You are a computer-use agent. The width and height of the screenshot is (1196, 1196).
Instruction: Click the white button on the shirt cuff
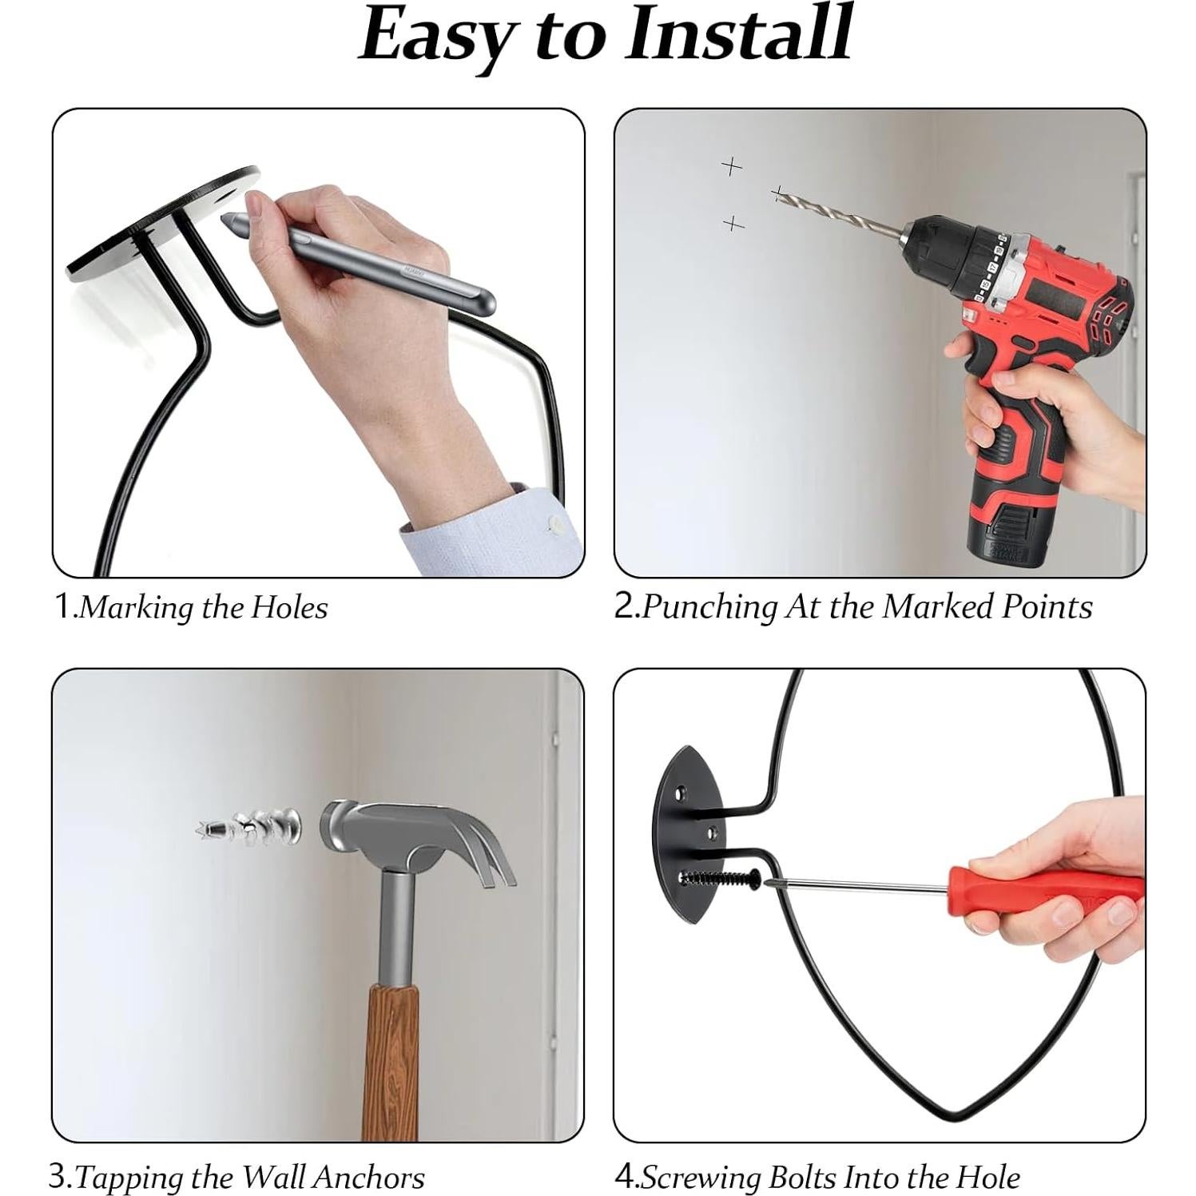(x=554, y=524)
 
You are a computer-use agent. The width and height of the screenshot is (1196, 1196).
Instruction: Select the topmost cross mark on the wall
(x=731, y=166)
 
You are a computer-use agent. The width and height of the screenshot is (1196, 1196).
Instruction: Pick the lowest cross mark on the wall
(x=733, y=224)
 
